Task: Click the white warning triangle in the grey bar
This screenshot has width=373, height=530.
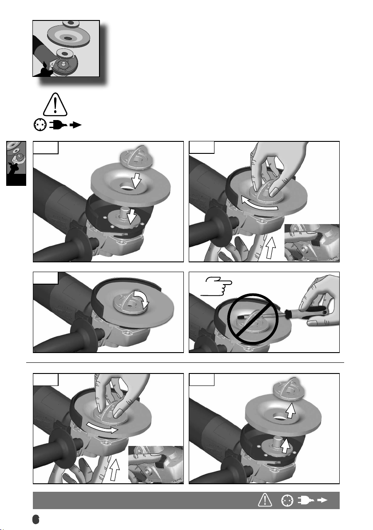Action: [x=265, y=500]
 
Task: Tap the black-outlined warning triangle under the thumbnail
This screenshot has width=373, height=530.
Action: [x=55, y=104]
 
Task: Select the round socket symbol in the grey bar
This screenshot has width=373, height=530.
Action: [x=287, y=501]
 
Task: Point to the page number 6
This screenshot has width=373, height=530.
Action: [x=36, y=519]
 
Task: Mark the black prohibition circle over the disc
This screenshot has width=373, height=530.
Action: [x=253, y=318]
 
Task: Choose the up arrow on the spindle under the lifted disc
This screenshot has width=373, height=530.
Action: [x=285, y=445]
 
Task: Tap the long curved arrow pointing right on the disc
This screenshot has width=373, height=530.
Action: [x=101, y=428]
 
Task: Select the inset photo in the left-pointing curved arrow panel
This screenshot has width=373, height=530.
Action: [x=312, y=242]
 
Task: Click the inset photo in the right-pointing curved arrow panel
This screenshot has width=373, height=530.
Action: [x=155, y=465]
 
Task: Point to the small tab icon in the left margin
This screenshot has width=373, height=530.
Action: [x=16, y=163]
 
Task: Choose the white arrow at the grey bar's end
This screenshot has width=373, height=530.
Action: [x=322, y=500]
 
